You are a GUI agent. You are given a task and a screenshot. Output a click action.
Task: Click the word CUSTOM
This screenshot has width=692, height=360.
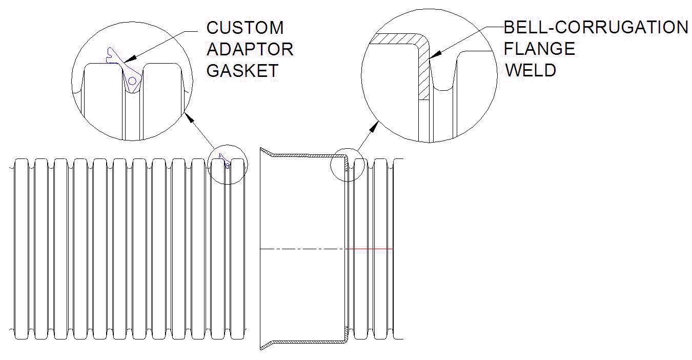pos(245,27)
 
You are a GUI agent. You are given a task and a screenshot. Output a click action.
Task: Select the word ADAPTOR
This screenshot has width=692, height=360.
pos(250,49)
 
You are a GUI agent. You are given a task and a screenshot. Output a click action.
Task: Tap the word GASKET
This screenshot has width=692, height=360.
pos(242,70)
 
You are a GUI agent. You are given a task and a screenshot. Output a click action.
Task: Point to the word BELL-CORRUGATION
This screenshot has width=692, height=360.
pos(596,27)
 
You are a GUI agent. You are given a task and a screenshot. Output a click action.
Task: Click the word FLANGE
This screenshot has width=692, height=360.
pos(539,49)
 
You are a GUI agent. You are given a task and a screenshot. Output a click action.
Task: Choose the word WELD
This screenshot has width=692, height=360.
pos(531,70)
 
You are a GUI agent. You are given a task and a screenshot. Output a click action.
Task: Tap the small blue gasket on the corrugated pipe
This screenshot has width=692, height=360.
pos(225,161)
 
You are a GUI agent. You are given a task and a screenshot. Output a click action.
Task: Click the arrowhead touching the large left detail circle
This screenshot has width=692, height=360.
pos(190,118)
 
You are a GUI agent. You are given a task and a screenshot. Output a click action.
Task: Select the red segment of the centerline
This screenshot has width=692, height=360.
pos(370,249)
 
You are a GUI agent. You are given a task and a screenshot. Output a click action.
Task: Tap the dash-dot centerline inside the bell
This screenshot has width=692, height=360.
pos(302,249)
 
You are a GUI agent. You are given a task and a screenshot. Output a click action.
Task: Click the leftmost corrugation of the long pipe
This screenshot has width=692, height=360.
pos(21,249)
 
